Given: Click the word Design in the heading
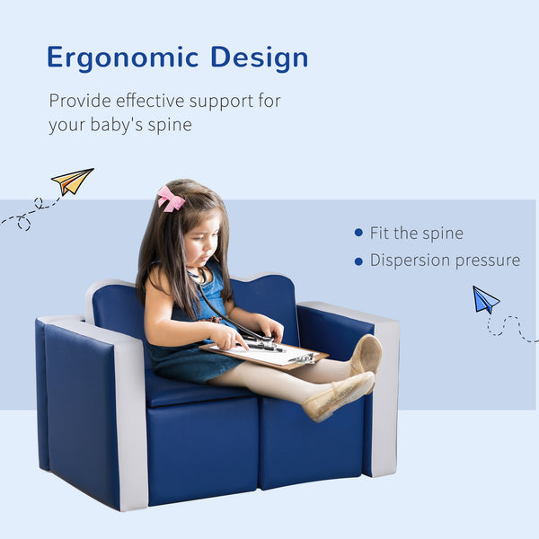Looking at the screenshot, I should coord(260,58).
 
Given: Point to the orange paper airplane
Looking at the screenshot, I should coord(72,181).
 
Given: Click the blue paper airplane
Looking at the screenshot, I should coord(485,299).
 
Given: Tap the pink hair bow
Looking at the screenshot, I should coord(170,199).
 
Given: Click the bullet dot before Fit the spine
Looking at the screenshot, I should coord(358,233).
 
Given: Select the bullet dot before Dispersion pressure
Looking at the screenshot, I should coord(358,261).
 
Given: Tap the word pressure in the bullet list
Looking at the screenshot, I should coord(489,261).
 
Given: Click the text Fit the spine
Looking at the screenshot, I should coord(417,233).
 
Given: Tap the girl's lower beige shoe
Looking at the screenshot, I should coord(339,396).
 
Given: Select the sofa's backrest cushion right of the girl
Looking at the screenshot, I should coord(265,301).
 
